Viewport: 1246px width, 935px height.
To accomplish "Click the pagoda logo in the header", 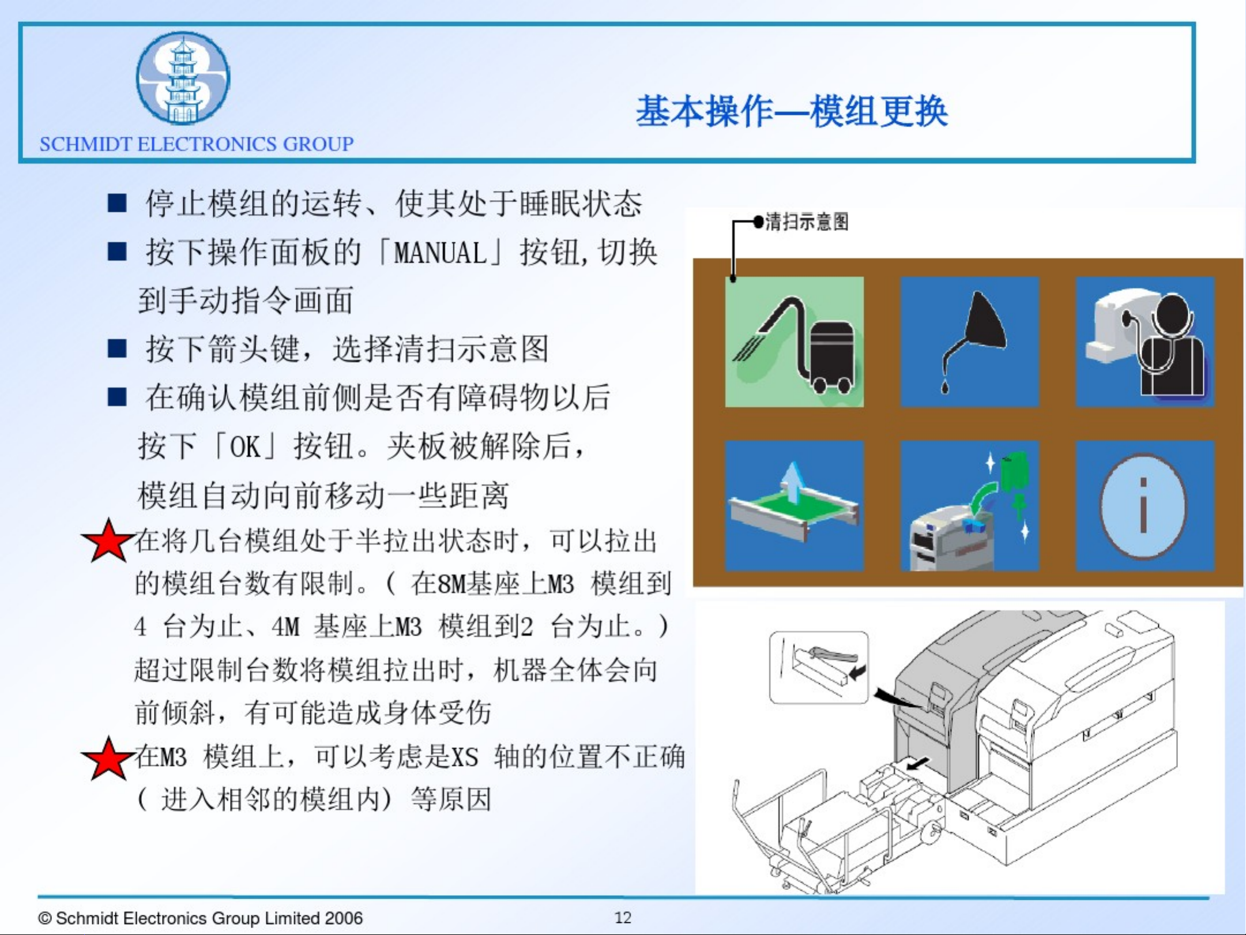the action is [183, 78].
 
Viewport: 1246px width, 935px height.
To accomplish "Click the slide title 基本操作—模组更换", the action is [792, 111].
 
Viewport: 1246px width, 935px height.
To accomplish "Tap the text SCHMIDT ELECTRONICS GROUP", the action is [197, 144].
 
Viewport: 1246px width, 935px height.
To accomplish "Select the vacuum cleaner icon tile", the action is [794, 341].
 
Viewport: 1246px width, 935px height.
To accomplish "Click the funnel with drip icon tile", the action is [969, 341].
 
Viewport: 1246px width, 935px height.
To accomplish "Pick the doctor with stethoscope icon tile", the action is [1145, 341].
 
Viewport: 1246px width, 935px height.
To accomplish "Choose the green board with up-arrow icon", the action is [794, 505].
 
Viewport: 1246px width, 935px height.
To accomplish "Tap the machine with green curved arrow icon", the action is [969, 505].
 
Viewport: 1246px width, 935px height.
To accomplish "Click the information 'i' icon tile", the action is [1145, 505].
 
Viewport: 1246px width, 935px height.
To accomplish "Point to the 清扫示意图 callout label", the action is [807, 221].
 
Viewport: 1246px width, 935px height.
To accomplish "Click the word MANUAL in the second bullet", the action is [440, 253].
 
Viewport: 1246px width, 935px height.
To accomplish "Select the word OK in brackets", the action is [245, 446].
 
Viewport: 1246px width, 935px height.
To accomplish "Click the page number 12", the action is [623, 917].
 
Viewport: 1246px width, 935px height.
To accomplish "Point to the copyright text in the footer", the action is [200, 918].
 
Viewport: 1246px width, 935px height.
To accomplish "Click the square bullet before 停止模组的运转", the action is [117, 204].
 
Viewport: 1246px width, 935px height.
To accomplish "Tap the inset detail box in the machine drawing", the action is [819, 667].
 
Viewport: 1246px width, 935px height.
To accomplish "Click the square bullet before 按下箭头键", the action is [117, 348].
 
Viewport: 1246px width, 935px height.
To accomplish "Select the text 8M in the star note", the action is [451, 584].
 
